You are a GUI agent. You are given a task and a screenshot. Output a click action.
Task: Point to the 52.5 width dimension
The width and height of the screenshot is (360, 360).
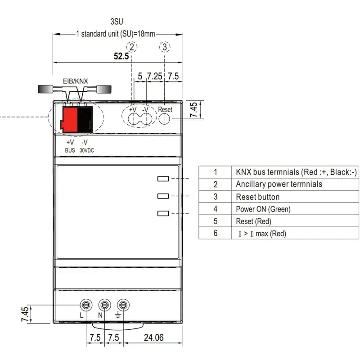[x=121, y=56]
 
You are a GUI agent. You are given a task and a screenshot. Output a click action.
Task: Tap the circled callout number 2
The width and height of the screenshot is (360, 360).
[x=131, y=46]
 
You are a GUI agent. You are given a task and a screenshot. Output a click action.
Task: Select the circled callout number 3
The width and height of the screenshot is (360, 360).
[x=165, y=46]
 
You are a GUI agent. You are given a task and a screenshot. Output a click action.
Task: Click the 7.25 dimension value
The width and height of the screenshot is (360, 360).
[x=154, y=76]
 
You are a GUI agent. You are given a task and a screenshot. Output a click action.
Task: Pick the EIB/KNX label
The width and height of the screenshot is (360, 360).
[x=75, y=81]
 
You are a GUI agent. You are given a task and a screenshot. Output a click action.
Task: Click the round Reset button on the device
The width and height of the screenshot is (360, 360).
[x=165, y=119]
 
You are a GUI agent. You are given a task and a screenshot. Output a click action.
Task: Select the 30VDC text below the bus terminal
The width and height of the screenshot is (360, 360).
[x=87, y=151]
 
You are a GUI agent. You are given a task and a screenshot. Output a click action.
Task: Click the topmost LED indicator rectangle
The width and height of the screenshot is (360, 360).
[x=163, y=179]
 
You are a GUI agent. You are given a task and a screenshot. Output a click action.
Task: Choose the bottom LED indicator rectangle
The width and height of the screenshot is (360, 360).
[x=163, y=214]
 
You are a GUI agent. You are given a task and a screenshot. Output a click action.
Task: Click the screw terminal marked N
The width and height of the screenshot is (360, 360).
[x=104, y=305]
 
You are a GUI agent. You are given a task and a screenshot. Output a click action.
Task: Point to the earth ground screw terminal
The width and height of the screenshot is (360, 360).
[x=122, y=305]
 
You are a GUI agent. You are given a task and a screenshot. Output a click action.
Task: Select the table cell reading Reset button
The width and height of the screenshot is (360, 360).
[x=257, y=197]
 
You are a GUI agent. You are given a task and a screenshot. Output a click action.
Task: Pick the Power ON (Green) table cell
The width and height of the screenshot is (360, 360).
[x=263, y=209]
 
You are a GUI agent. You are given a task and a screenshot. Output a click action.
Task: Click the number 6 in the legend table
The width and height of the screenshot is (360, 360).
[x=216, y=233]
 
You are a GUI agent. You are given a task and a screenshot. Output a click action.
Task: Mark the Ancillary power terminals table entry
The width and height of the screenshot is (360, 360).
[x=279, y=184]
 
